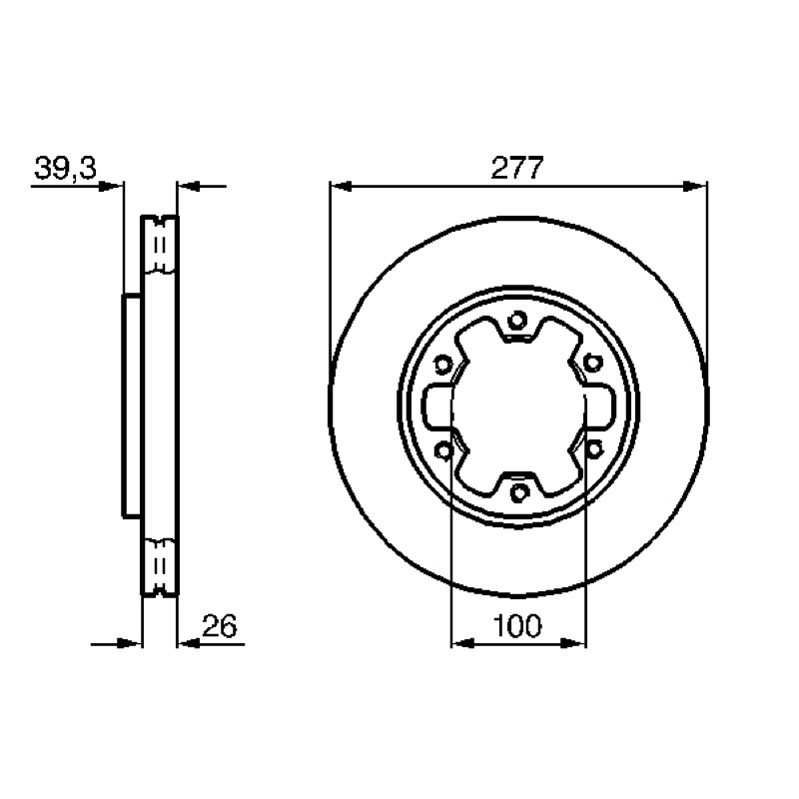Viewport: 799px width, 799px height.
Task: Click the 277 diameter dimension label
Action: [x=517, y=167]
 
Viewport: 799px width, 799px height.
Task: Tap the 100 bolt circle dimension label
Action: [x=517, y=625]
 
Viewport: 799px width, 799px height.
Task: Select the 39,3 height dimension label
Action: [x=65, y=168]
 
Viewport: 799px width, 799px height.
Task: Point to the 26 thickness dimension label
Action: [x=220, y=626]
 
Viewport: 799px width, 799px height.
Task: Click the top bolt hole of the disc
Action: [x=517, y=321]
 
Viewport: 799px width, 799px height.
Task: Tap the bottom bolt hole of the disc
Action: [x=518, y=493]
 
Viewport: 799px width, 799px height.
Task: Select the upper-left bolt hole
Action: [x=443, y=365]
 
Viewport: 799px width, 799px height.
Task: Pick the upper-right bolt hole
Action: [x=592, y=364]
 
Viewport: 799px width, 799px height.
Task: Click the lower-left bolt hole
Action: [x=443, y=451]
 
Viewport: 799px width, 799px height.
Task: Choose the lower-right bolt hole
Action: [x=593, y=449]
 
